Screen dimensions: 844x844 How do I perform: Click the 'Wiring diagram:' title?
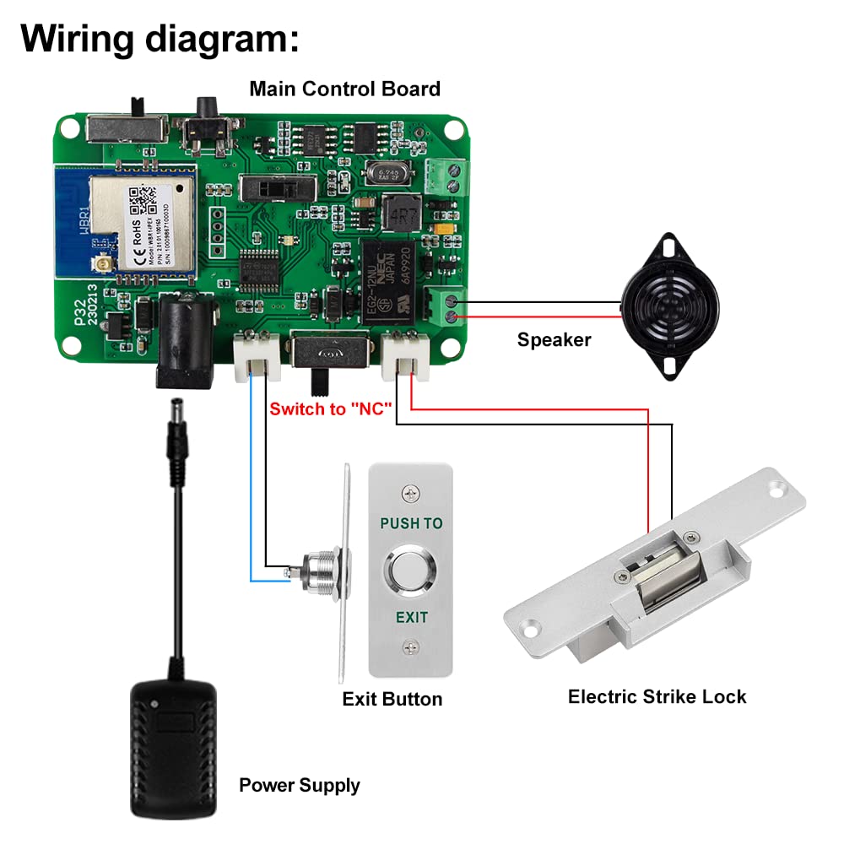tap(160, 40)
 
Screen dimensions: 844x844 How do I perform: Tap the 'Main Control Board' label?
tap(344, 89)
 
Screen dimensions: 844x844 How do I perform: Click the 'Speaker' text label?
tap(554, 340)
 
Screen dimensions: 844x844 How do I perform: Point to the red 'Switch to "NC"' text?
tap(332, 409)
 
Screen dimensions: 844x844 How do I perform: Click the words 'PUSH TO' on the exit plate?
tap(411, 523)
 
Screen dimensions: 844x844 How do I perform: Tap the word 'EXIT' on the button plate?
tap(411, 617)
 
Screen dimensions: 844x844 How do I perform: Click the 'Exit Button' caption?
tap(392, 699)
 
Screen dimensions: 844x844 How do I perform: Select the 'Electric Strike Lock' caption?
tap(657, 696)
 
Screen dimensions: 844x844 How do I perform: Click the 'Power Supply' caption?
tap(299, 785)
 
